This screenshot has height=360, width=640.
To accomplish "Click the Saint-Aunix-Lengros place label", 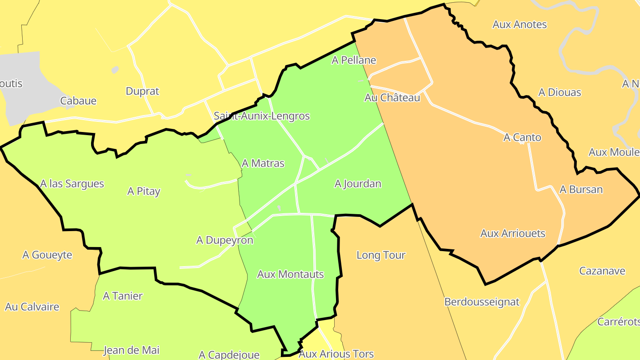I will point(261,116).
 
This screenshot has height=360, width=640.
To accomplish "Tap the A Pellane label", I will point(354,60).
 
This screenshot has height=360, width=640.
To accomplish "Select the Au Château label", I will point(392,98).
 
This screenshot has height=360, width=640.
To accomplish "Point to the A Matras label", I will point(263,164).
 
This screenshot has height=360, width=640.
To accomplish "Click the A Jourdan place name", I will point(358,184).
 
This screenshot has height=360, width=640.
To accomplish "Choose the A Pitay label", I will point(144,192).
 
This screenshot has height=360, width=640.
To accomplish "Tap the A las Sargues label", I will point(72,184).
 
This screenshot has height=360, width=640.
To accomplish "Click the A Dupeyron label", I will point(224,240).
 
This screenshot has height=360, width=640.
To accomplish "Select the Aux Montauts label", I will point(291,275).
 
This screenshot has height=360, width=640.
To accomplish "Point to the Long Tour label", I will point(381,256).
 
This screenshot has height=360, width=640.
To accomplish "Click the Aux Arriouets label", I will point(512,234).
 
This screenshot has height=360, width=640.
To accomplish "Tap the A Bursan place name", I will point(581,190).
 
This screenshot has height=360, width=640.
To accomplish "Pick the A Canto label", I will point(522,138).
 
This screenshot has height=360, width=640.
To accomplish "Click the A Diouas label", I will point(560,92).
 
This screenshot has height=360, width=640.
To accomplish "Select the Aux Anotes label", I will point(520,25).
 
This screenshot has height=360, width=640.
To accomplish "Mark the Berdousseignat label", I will point(482,302).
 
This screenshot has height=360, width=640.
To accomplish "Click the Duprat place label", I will point(142,92).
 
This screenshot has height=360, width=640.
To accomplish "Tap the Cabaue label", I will point(78,101).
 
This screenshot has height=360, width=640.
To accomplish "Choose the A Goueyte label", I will point(47,255).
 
